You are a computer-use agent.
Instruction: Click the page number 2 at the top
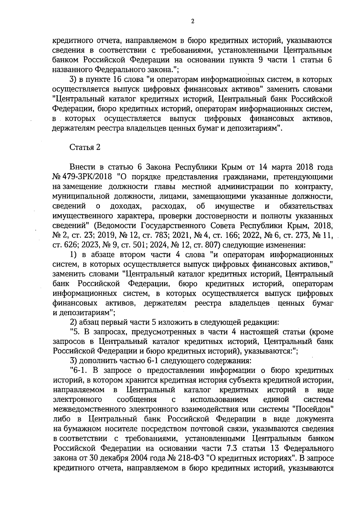click(x=193, y=21)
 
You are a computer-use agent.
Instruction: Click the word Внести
click(x=81, y=167)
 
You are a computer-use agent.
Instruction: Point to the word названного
click(x=73, y=70)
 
